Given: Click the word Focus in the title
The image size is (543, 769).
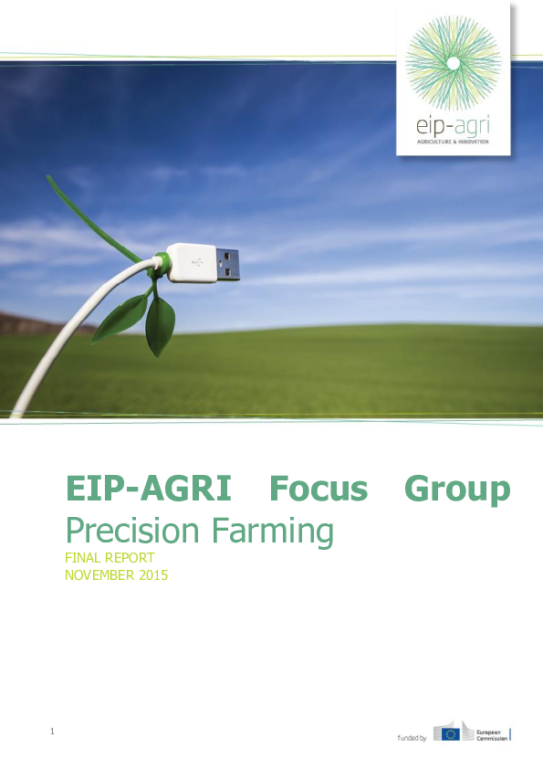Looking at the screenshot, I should (x=318, y=490).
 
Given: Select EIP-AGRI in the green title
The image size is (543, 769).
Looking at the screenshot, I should (x=148, y=490).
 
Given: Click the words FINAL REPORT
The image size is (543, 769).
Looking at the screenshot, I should (x=110, y=558).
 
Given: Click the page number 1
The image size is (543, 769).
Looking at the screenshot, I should (x=53, y=731).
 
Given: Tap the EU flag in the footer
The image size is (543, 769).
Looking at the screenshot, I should (x=447, y=733).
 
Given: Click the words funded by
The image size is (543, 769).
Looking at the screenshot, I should (x=412, y=736).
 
